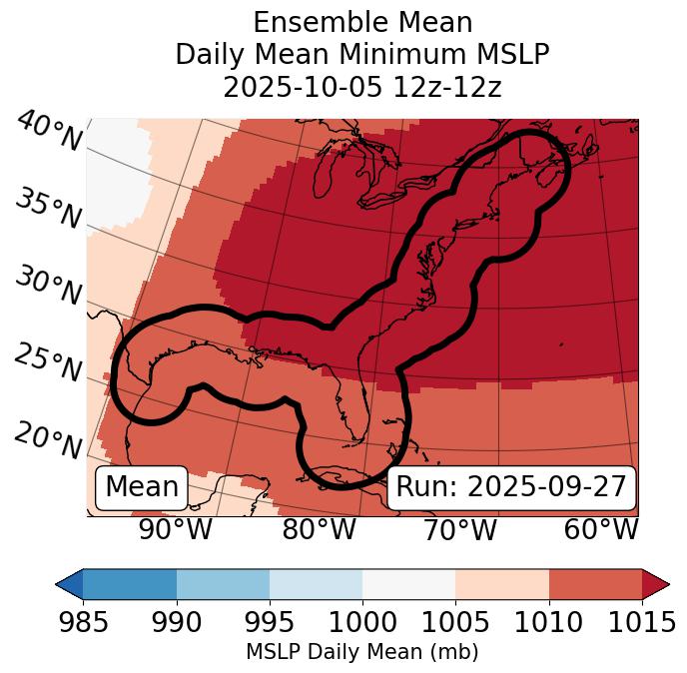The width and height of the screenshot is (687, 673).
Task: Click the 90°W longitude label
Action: tap(175, 530)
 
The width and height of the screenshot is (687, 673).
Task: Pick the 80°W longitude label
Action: tap(319, 530)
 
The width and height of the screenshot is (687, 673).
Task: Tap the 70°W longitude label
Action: tap(459, 530)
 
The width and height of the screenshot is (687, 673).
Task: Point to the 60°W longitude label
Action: tap(601, 530)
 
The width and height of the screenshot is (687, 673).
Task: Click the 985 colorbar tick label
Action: tap(83, 622)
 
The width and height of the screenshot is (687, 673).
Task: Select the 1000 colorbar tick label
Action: tap(362, 622)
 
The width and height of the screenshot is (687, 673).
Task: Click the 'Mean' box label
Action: tap(142, 487)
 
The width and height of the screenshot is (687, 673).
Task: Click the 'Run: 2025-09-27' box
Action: tap(511, 487)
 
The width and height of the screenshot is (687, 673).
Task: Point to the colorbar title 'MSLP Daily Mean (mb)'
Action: tap(361, 653)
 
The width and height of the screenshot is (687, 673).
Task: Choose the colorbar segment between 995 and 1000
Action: tap(316, 584)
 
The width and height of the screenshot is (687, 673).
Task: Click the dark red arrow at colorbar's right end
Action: tap(655, 584)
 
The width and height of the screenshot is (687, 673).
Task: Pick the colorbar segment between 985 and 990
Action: tap(130, 584)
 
